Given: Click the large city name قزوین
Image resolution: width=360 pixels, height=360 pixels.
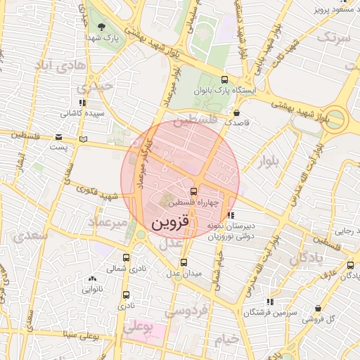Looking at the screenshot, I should click(170, 224).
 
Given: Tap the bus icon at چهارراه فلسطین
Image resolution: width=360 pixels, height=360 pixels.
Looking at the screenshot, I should click(193, 191).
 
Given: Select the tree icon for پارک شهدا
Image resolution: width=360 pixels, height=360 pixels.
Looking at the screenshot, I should click(102, 27).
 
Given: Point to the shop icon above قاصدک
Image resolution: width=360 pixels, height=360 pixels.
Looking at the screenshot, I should click(236, 112).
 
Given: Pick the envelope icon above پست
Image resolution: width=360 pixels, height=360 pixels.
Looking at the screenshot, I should click(58, 136).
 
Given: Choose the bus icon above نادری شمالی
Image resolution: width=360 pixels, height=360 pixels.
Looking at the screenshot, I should click(127, 257).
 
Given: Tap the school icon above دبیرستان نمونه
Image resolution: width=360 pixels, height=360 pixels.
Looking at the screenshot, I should click(231, 215).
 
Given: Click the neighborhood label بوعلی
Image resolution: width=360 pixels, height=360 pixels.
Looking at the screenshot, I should click(138, 328).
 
